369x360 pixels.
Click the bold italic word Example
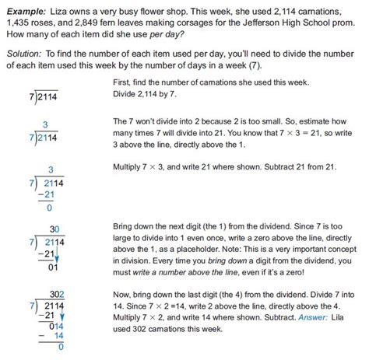point(23,8)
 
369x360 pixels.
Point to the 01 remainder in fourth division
point(49,269)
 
